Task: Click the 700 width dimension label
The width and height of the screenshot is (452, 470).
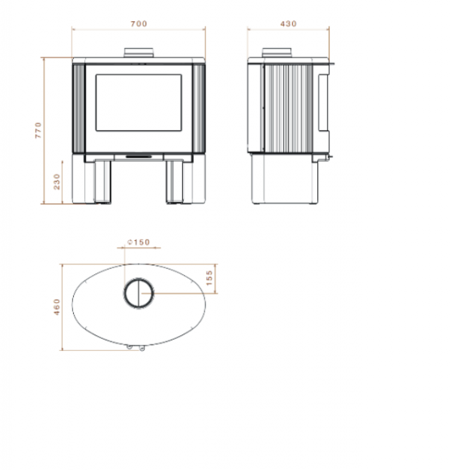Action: [139, 23]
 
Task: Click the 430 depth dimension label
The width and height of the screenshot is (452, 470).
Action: [289, 23]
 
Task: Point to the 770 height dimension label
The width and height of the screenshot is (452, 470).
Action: [38, 130]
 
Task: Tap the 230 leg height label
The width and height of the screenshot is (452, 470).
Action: [56, 182]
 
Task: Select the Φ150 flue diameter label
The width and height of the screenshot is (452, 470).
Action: [139, 243]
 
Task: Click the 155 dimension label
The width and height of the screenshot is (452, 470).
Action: [209, 278]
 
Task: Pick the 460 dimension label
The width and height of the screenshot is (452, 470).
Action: [56, 307]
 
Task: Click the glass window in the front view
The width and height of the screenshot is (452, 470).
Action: [139, 102]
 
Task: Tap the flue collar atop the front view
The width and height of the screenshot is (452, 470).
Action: [139, 53]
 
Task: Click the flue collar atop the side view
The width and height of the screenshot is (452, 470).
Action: [277, 53]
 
